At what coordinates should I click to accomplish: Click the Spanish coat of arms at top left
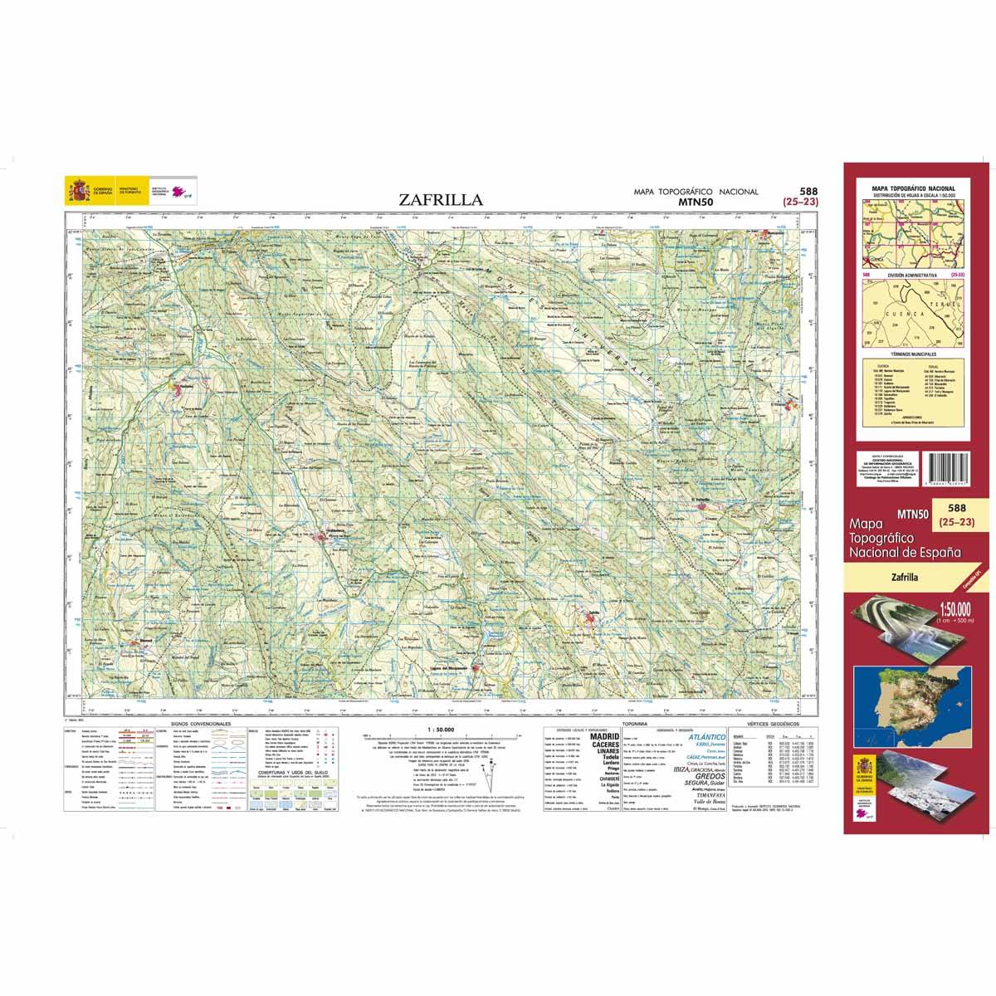[x=80, y=192]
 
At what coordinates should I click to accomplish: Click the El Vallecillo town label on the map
[x=704, y=500]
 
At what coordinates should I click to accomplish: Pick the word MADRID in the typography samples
[x=603, y=736]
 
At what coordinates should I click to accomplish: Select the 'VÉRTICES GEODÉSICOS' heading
[x=772, y=724]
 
